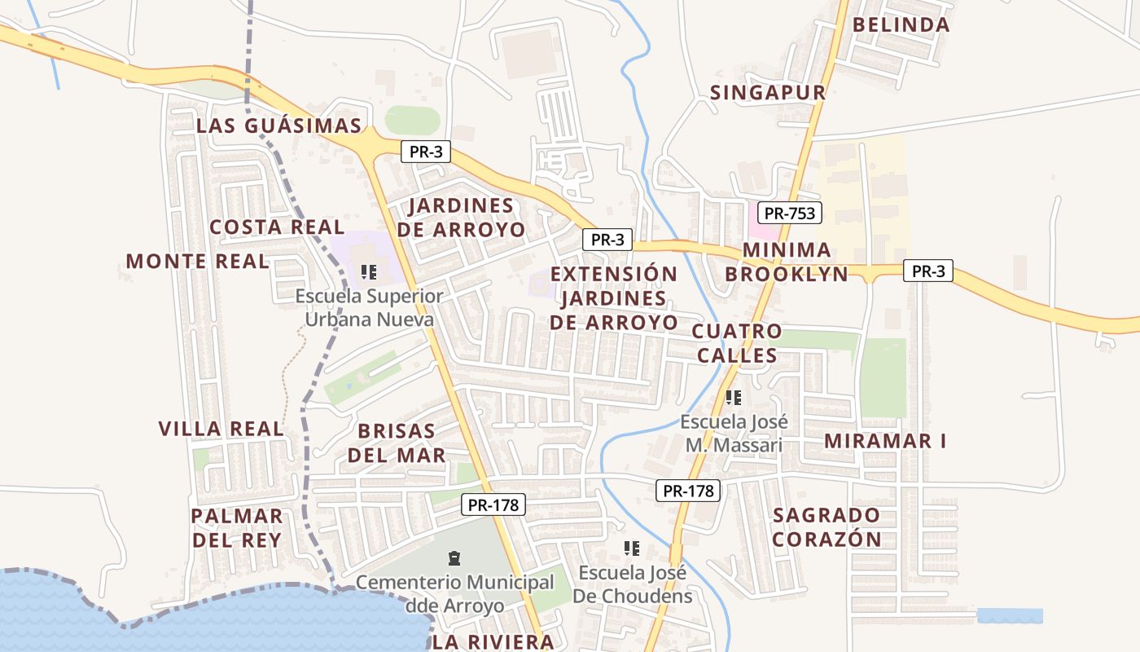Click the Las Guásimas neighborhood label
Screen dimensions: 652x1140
pyautogui.click(x=278, y=126)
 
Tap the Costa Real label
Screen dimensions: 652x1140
pyautogui.click(x=277, y=227)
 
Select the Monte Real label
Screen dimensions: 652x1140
pyautogui.click(x=197, y=261)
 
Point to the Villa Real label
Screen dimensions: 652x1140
pyautogui.click(x=221, y=429)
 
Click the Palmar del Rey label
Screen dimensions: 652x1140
pyautogui.click(x=236, y=527)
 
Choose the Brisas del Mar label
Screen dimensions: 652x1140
pyautogui.click(x=397, y=443)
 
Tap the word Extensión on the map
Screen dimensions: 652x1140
pyautogui.click(x=614, y=274)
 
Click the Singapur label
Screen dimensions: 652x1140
pyautogui.click(x=768, y=93)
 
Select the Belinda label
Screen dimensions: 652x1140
pyautogui.click(x=901, y=24)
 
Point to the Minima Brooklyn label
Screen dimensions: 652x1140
pyautogui.click(x=787, y=262)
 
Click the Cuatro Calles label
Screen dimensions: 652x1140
pyautogui.click(x=737, y=343)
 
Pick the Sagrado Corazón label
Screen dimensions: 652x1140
pyautogui.click(x=826, y=526)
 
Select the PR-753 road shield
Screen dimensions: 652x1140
pyautogui.click(x=789, y=214)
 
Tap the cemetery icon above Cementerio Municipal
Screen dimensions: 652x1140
pyautogui.click(x=454, y=558)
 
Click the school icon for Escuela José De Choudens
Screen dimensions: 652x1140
pyautogui.click(x=631, y=548)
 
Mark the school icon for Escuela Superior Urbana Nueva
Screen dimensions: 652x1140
pyautogui.click(x=369, y=271)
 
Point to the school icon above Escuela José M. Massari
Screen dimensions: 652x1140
pyautogui.click(x=734, y=398)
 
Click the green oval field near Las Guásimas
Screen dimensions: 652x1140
pyautogui.click(x=412, y=121)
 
